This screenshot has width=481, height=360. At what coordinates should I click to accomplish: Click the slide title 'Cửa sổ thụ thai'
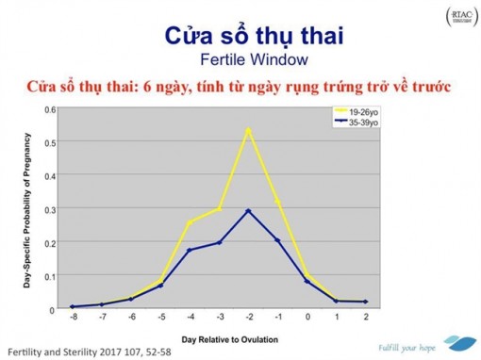point(240,37)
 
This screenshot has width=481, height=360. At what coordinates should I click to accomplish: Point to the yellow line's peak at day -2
point(248,129)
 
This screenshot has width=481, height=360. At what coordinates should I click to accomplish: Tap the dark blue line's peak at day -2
point(248,210)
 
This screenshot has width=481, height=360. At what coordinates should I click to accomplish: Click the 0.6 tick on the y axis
point(50,109)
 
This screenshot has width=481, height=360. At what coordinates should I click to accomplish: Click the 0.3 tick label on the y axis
point(50,208)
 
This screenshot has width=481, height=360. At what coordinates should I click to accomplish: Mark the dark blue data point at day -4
point(190,250)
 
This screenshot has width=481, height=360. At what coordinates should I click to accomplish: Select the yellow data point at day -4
point(190,222)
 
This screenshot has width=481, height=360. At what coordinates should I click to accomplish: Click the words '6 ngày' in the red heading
point(242,88)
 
